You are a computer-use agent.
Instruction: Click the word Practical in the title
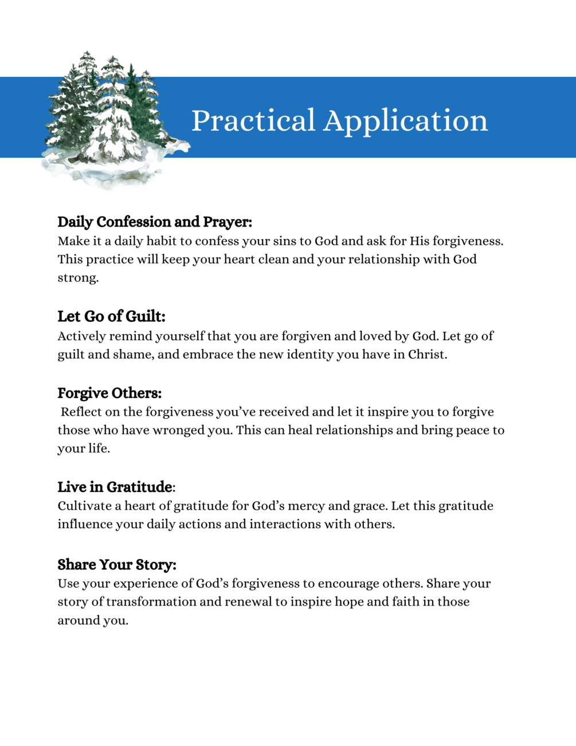[253, 121]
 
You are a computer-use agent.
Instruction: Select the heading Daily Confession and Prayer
[155, 222]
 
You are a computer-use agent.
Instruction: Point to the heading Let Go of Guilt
[111, 317]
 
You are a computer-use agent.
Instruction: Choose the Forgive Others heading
[109, 393]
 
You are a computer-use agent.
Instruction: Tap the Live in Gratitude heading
[115, 487]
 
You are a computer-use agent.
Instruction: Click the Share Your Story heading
[117, 565]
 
